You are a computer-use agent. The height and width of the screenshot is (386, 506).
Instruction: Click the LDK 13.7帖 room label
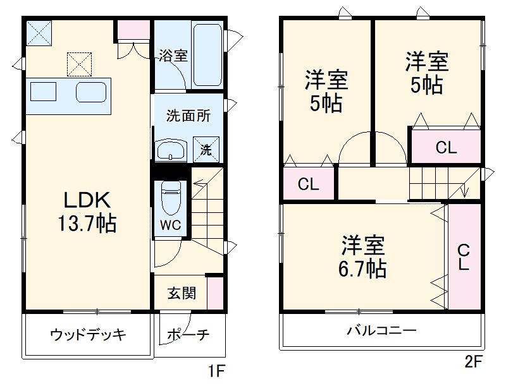point(88,212)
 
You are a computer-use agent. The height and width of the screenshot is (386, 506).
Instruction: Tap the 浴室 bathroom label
point(173,55)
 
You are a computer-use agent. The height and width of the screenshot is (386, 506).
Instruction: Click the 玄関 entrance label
point(181,294)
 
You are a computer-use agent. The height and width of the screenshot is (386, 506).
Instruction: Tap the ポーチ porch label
point(189,335)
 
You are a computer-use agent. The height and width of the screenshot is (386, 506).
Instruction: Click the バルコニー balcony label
point(381,331)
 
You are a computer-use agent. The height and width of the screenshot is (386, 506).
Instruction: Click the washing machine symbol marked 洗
point(206,150)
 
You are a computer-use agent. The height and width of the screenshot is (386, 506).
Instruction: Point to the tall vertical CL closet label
point(464,258)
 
